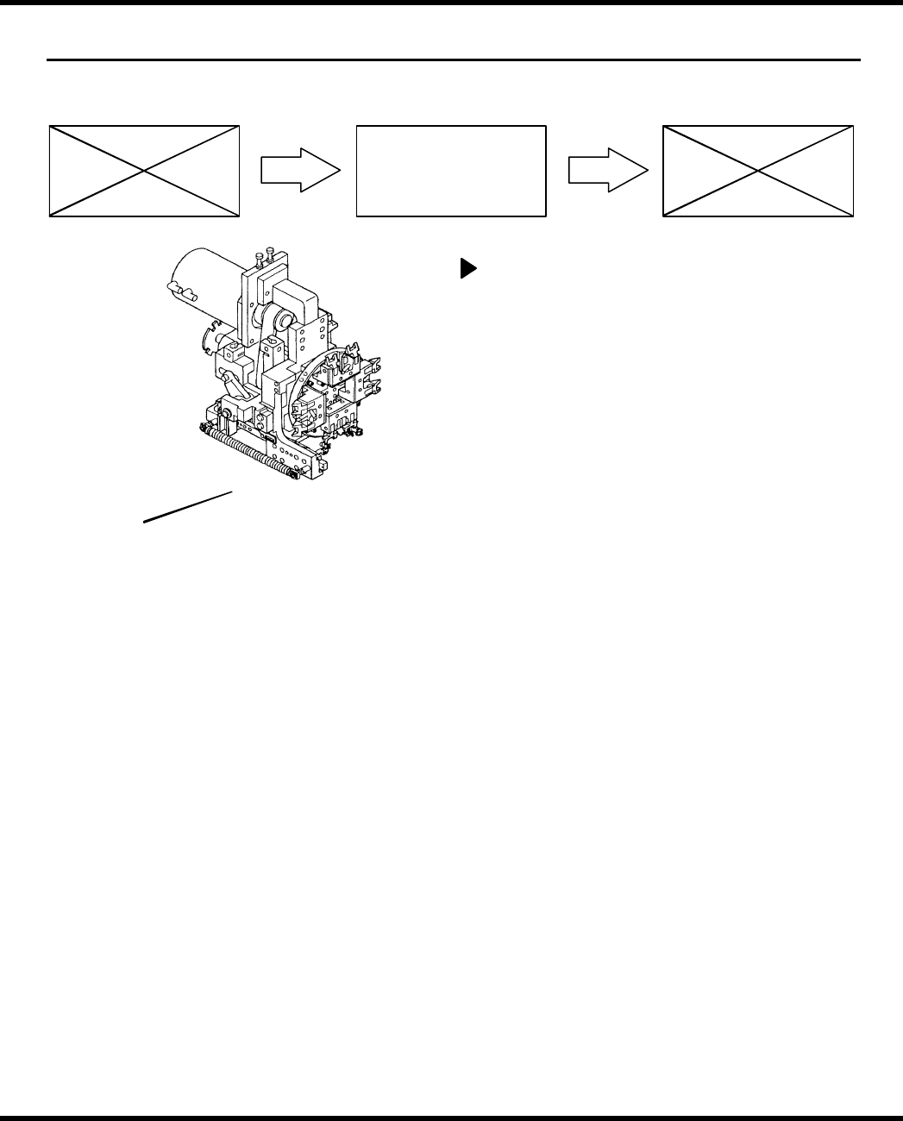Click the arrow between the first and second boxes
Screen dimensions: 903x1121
(x=300, y=171)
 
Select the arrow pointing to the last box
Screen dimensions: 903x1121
(x=607, y=171)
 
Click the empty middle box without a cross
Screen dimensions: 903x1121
(x=451, y=171)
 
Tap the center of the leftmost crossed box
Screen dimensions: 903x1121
(x=144, y=171)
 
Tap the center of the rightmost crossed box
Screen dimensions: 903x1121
(x=758, y=171)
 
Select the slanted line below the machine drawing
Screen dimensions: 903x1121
(x=188, y=507)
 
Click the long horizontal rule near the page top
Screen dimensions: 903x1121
(x=453, y=60)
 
